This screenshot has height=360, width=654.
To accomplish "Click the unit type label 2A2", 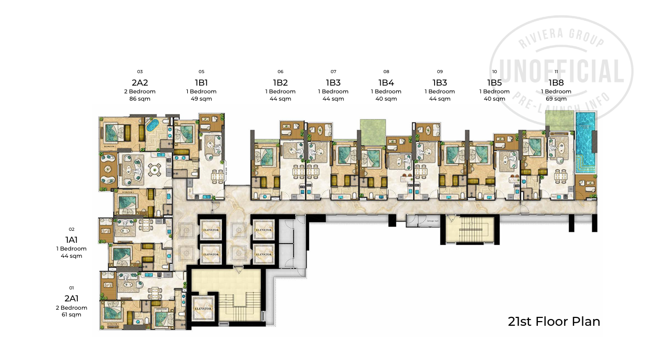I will [140, 82].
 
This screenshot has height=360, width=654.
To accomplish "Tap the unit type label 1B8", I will [556, 82].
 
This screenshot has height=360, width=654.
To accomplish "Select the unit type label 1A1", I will [71, 240].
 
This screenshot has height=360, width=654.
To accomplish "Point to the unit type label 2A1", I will [71, 298].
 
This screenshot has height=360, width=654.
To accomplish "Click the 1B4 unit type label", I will [386, 82].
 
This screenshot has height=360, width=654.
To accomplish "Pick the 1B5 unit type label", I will [494, 82].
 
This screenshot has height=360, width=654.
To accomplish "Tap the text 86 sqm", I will [140, 99].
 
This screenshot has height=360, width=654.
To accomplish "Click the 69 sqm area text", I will [556, 99].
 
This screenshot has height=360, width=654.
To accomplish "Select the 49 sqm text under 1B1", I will [201, 99].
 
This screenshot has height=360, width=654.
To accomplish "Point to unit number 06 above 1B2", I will [280, 72].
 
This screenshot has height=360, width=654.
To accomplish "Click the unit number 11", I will [556, 72].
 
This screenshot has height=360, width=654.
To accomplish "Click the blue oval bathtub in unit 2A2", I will [152, 126].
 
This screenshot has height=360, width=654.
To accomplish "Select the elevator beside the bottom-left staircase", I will [203, 308].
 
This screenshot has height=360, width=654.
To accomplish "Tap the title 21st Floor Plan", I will [554, 322].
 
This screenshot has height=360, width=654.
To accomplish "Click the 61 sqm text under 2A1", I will [71, 315].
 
